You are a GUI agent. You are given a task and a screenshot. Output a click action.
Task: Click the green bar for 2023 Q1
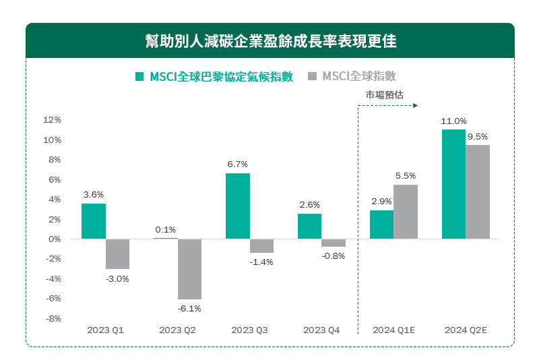[94, 221]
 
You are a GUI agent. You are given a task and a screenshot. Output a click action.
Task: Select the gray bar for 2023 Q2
[189, 269]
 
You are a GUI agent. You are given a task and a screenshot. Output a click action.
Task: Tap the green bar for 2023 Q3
[238, 206]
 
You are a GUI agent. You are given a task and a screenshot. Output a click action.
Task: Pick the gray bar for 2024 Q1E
[406, 212]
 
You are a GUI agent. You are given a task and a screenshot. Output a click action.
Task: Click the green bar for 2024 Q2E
[453, 184]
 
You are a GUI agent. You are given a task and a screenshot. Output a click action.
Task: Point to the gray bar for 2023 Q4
[334, 243]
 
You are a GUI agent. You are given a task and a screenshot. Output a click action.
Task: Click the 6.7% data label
[238, 164]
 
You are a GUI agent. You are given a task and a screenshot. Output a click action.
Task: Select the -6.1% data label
[190, 309]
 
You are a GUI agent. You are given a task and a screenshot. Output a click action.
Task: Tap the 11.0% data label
[453, 121]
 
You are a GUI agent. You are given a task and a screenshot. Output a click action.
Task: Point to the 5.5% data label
[406, 176]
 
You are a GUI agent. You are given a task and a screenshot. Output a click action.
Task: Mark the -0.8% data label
[334, 256]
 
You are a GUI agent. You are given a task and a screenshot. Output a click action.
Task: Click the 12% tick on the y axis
[52, 120]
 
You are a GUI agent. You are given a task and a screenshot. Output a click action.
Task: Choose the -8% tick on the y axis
[52, 318]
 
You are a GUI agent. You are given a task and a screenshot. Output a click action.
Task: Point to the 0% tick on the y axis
[55, 239]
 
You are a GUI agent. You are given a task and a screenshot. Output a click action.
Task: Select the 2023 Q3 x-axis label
[249, 330]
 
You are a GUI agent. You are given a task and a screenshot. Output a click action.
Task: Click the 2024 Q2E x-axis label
[466, 330]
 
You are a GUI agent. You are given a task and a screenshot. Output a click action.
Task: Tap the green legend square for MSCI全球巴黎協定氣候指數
[139, 77]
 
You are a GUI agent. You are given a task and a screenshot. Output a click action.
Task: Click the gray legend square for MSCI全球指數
[312, 77]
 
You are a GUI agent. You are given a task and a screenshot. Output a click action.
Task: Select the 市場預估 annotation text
[385, 95]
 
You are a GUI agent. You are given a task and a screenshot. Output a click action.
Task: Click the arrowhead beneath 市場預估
[416, 106]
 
